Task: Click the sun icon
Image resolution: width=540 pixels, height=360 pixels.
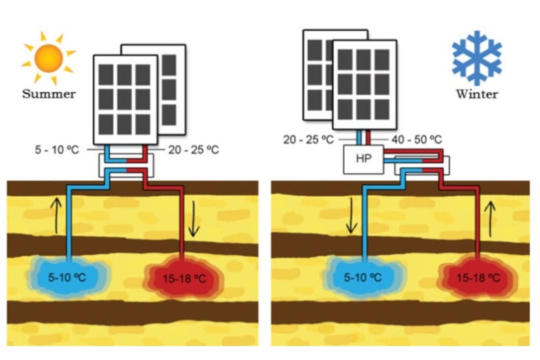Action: click(x=48, y=58)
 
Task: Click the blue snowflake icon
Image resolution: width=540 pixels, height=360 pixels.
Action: click(x=476, y=58)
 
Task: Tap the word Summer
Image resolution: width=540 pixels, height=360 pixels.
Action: click(x=49, y=94)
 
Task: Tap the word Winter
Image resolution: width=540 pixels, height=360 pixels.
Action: click(x=476, y=94)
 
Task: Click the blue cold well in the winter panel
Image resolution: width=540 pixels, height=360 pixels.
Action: click(x=364, y=277)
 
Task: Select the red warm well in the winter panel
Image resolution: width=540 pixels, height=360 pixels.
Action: click(x=477, y=277)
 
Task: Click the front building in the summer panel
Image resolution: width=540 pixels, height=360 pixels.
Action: click(x=125, y=99)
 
